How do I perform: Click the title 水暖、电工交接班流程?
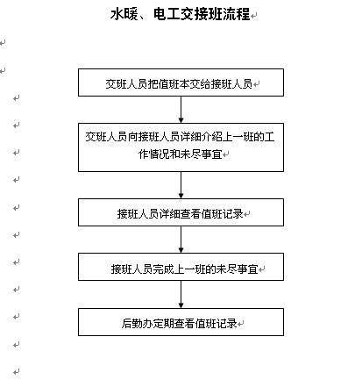[181, 14]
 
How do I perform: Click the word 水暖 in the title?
[124, 14]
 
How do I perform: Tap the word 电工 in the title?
[167, 14]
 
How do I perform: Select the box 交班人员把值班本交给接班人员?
[181, 82]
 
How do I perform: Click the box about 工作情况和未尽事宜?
[181, 147]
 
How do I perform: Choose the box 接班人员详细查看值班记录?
[181, 212]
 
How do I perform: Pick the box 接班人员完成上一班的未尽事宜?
[181, 267]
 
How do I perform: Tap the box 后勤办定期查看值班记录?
[181, 322]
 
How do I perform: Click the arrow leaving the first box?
[181, 110]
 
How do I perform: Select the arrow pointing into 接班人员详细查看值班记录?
[181, 185]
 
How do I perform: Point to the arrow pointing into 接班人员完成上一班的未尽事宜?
[181, 240]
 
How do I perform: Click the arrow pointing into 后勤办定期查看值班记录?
[181, 294]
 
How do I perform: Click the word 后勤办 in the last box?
[138, 323]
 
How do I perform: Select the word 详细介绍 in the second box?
[202, 137]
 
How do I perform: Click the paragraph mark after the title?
[254, 16]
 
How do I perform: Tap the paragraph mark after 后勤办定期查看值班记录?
[240, 324]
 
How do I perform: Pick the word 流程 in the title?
[237, 14]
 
